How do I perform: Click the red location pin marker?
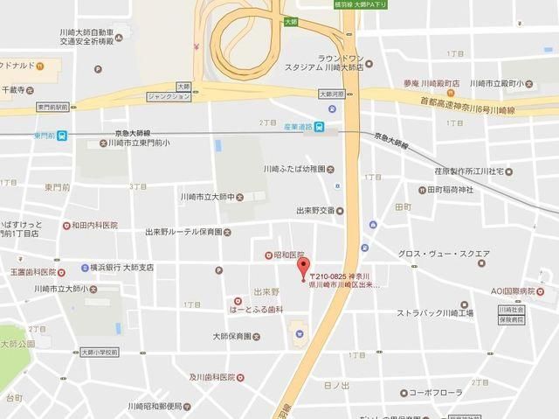click(x=303, y=266)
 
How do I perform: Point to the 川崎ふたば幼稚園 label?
click(x=294, y=168)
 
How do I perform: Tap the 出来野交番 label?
click(x=315, y=210)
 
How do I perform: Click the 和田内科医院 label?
click(x=94, y=225)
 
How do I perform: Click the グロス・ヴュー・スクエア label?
click(x=444, y=254)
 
